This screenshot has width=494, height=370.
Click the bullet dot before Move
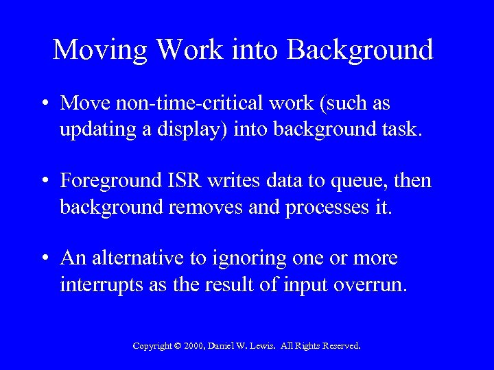[45, 104]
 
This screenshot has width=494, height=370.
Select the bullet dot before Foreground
[45, 182]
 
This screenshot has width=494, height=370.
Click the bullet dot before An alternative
[45, 260]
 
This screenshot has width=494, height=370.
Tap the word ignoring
[252, 260]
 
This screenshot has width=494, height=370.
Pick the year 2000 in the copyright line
[195, 347]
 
